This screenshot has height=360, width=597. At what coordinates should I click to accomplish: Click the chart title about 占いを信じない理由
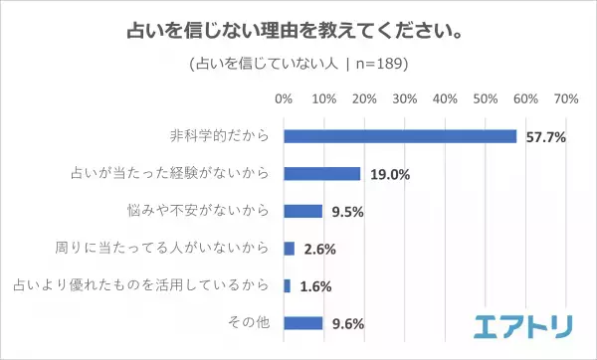[x=298, y=30]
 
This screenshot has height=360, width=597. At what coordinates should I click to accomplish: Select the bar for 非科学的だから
[x=400, y=136]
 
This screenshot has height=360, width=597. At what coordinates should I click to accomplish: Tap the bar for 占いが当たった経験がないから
[x=322, y=173]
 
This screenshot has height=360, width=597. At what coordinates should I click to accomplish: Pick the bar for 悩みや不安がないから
[x=303, y=211]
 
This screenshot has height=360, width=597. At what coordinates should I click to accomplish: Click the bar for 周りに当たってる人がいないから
[x=290, y=248]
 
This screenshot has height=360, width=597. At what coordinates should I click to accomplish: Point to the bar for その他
[x=303, y=322]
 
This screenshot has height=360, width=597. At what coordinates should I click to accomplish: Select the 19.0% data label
[x=389, y=174]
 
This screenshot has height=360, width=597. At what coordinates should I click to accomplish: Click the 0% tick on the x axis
[x=284, y=99]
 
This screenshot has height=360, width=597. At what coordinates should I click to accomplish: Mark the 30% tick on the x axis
[x=405, y=99]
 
